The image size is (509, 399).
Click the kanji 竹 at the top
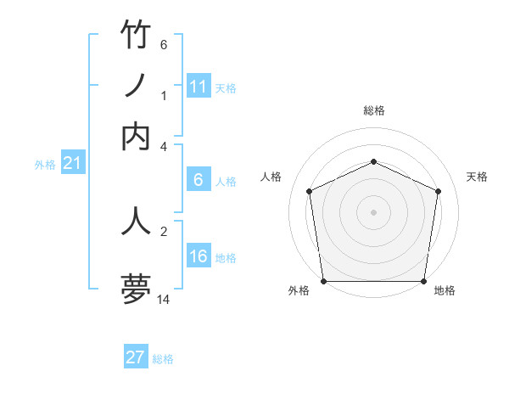click(136, 36)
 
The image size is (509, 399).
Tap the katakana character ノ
click(136, 85)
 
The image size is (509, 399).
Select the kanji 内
click(136, 136)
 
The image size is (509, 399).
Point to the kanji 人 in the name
click(136, 219)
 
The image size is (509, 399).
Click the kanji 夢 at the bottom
click(136, 289)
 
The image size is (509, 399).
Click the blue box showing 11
click(199, 87)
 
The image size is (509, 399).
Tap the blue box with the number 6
click(199, 180)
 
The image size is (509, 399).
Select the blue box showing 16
click(199, 257)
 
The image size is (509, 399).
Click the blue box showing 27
click(136, 357)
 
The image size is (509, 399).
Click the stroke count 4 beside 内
click(164, 146)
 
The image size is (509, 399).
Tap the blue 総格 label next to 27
click(163, 359)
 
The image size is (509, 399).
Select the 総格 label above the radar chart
click(373, 111)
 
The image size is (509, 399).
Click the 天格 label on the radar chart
click(477, 177)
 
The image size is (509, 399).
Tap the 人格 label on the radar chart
click(271, 177)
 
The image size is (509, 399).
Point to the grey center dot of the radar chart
click(373, 211)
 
